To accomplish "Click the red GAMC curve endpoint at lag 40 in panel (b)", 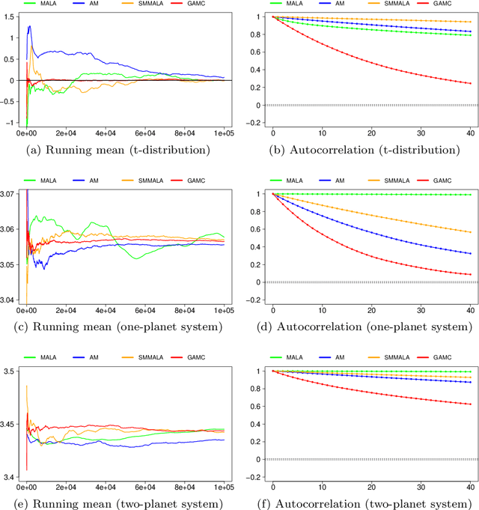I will [469, 83].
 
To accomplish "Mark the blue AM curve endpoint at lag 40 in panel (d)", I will [469, 253].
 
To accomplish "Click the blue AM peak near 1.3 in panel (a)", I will [29, 26].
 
